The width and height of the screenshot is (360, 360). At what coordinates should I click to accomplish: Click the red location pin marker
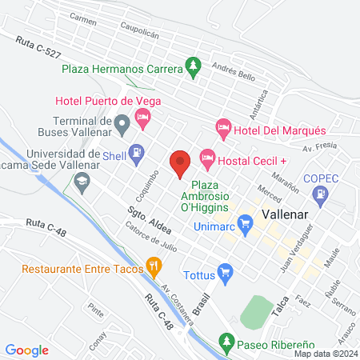coord(180,162)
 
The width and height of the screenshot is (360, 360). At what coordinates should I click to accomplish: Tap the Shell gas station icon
coord(138,150)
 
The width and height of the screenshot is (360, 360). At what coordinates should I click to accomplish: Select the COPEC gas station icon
coord(321,193)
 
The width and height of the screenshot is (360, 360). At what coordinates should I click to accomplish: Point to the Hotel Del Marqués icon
coord(223,127)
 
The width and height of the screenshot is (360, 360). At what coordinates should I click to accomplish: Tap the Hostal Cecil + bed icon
coord(207,157)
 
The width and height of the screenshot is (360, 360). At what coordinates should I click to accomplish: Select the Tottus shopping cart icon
coord(226,273)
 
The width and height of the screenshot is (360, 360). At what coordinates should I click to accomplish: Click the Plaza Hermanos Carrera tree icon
coord(192,65)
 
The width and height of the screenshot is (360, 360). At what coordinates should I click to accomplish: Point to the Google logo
coord(27,350)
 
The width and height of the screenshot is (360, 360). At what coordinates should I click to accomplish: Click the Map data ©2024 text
coord(325,354)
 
